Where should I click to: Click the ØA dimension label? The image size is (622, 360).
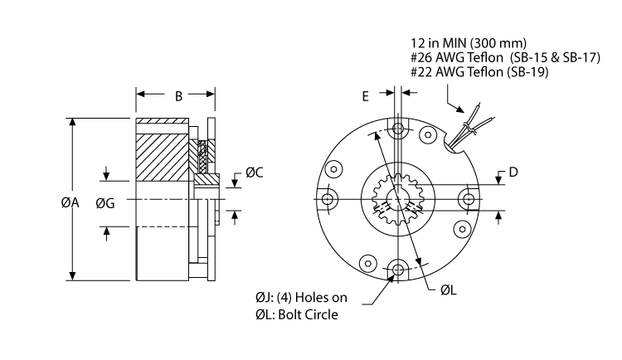click(46, 202)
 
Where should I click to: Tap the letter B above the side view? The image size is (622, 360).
click(177, 96)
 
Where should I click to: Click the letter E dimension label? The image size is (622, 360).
click(366, 96)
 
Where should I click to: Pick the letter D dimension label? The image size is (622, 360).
click(513, 173)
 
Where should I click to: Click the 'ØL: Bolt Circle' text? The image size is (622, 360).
click(297, 315)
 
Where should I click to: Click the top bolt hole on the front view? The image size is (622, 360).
click(399, 130)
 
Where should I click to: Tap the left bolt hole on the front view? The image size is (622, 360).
click(329, 200)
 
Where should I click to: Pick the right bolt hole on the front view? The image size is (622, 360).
click(469, 200)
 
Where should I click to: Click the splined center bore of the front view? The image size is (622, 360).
click(399, 200)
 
